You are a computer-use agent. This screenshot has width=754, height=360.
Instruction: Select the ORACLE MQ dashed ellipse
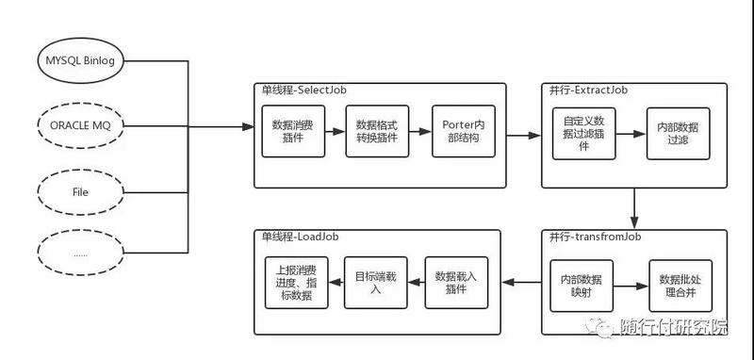(79, 124)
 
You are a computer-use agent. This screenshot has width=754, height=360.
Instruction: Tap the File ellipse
(79, 190)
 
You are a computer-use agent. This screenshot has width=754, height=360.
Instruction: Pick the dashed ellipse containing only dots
(79, 254)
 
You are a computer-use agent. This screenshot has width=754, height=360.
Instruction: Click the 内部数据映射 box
(582, 286)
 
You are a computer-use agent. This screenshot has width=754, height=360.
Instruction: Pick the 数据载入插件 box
(456, 282)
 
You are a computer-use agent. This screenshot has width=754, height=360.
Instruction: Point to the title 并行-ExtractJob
(588, 90)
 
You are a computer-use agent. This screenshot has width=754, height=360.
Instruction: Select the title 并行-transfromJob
(595, 237)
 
